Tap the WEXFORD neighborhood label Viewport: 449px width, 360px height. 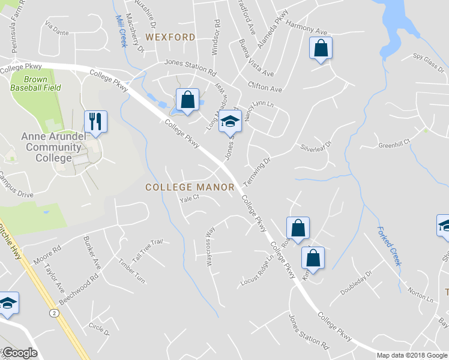[x=170, y=37]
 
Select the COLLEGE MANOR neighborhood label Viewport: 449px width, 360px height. [x=190, y=187]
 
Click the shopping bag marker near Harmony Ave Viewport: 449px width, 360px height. [x=321, y=49]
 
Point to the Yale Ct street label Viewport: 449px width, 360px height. [x=189, y=201]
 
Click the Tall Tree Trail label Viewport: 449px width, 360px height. [x=148, y=250]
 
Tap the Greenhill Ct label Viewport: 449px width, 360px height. [x=393, y=145]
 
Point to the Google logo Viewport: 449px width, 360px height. [x=20, y=353]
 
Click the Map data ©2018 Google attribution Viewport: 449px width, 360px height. [x=412, y=355]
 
